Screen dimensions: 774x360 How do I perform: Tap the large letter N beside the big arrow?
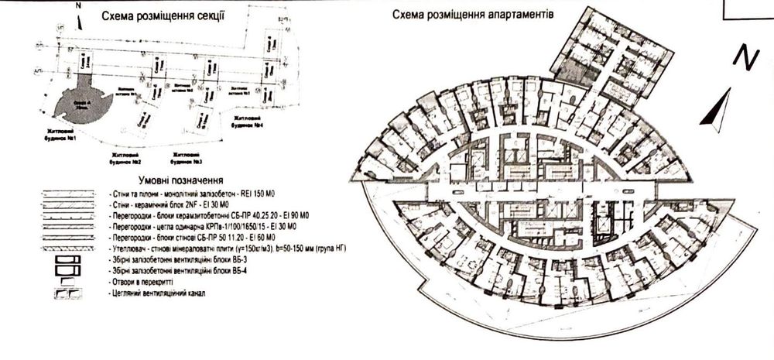click(x=745, y=59)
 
